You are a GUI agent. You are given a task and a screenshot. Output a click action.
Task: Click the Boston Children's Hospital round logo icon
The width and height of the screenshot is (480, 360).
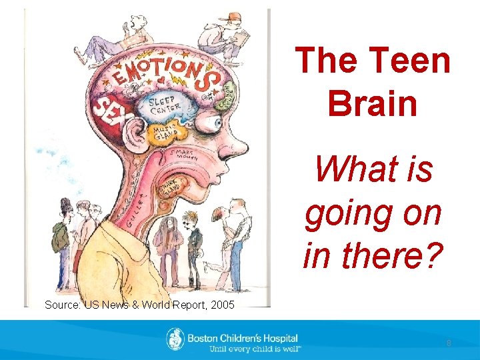pyautogui.click(x=175, y=339)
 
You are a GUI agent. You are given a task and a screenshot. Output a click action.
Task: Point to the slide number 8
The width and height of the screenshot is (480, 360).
pyautogui.click(x=449, y=343)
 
